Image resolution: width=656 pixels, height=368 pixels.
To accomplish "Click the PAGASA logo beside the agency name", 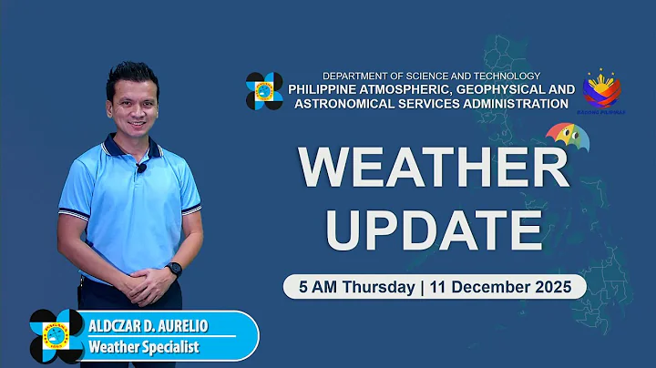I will click(x=264, y=90).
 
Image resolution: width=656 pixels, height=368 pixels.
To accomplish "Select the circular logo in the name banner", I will click(x=56, y=336).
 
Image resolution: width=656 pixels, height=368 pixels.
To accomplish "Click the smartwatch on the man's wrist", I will click(x=174, y=269).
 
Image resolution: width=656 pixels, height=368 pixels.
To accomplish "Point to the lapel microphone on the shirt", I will click(x=141, y=168).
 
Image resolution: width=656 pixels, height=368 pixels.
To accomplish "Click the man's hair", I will click(x=131, y=74).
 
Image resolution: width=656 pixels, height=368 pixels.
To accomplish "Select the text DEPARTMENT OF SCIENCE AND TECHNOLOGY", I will click(x=431, y=76).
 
